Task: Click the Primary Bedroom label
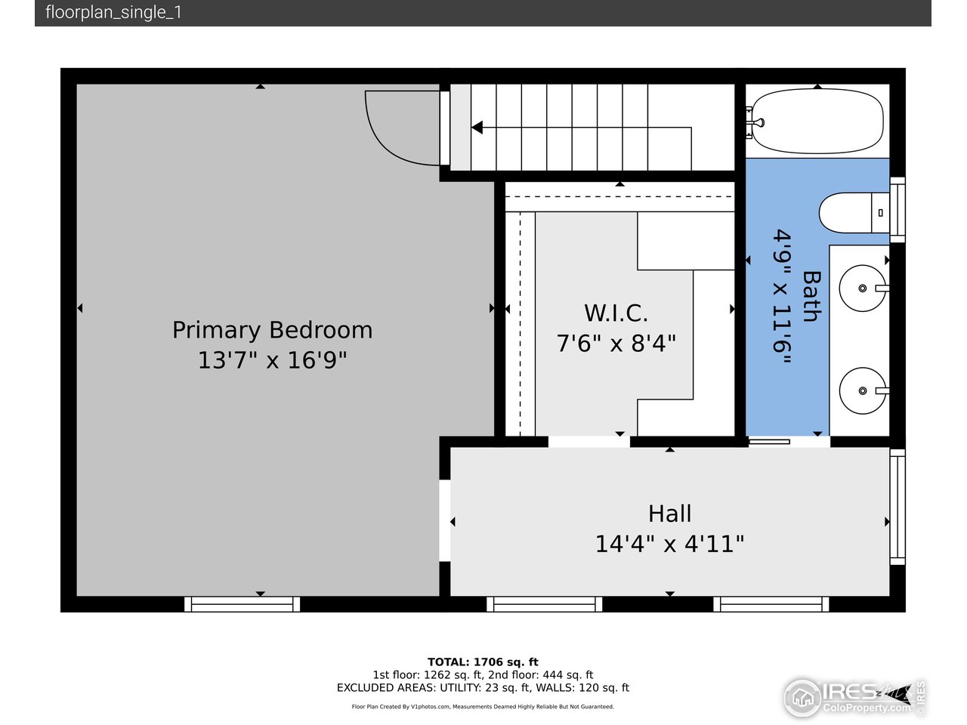coord(272,330)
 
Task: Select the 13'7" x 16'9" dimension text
coord(272,360)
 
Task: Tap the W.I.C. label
coord(616,313)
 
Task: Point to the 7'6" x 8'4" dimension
coord(616,344)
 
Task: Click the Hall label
coord(669,514)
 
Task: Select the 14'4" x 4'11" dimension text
coord(669,544)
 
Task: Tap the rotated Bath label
coord(811,297)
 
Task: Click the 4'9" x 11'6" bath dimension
coord(782,297)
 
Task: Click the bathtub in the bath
coord(817,122)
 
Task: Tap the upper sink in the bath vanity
coord(863,288)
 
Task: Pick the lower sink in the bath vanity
coord(863,390)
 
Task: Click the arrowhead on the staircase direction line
coord(477,128)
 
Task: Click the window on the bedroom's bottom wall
coord(242,604)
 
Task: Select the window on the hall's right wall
coord(897,506)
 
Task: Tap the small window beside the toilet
coord(897,209)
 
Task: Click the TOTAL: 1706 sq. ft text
coord(483,662)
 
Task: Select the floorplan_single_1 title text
coord(113,13)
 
